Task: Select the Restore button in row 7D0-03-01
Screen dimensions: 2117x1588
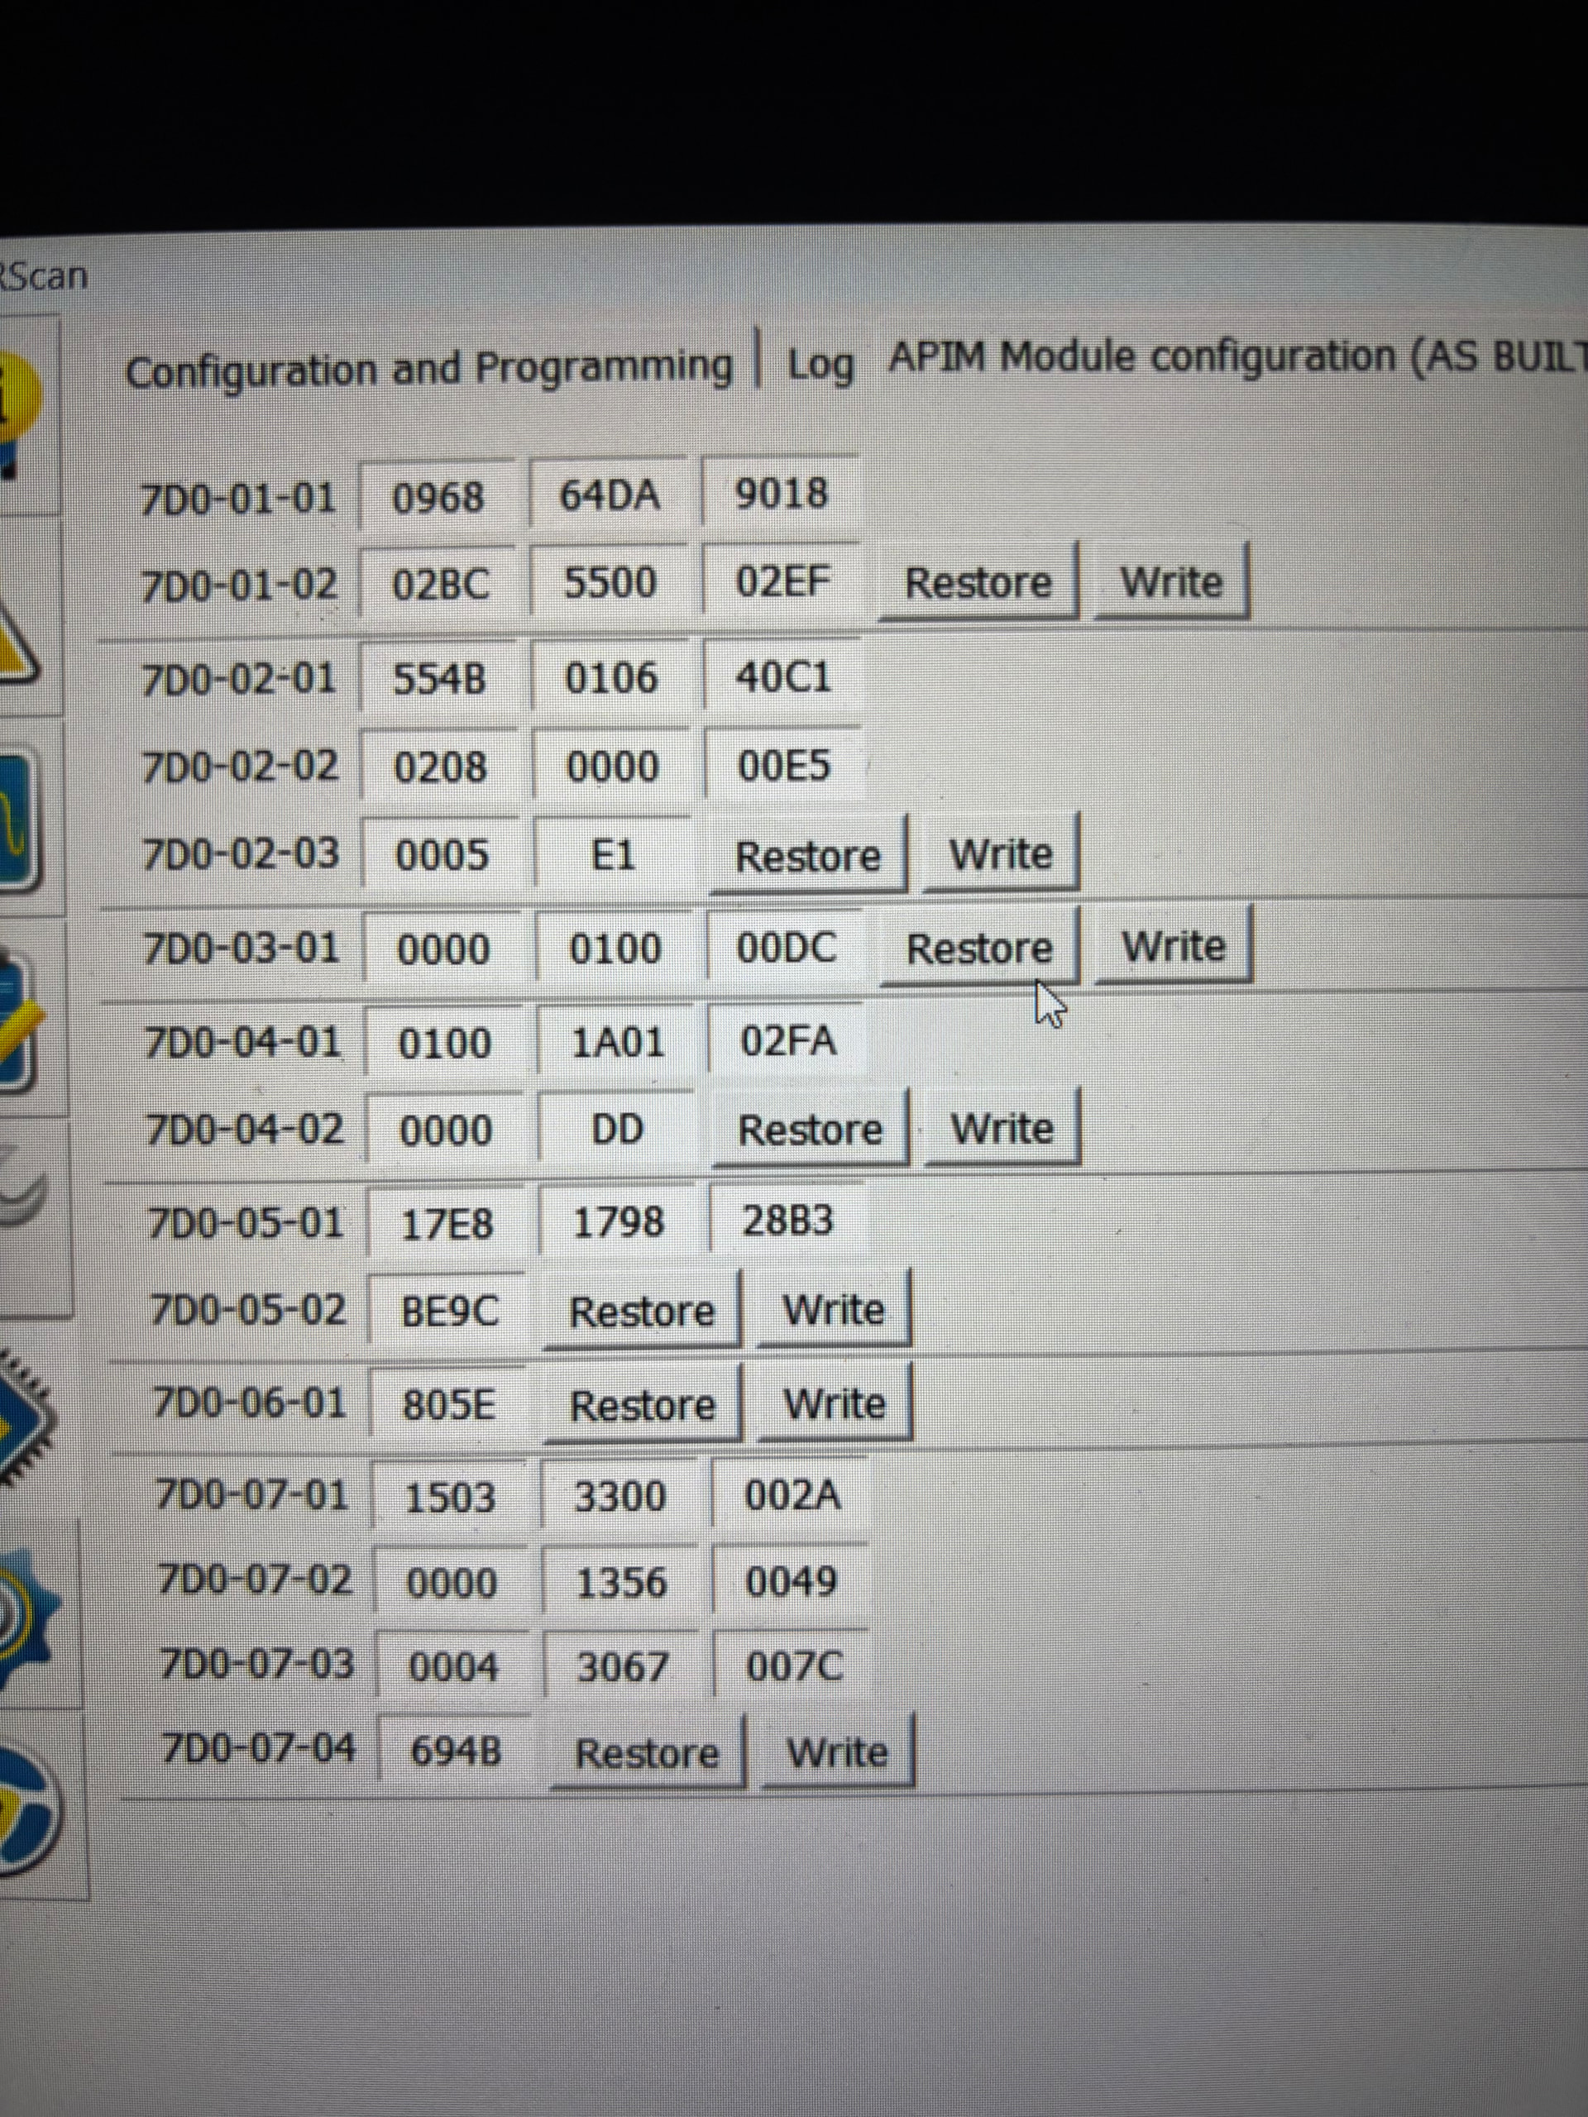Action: click(978, 949)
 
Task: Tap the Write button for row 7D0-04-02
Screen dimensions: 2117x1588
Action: click(1002, 1128)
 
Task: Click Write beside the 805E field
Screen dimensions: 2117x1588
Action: click(834, 1404)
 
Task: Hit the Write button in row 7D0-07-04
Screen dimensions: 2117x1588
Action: click(837, 1752)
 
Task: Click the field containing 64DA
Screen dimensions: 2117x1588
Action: click(610, 495)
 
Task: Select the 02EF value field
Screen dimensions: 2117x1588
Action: click(782, 581)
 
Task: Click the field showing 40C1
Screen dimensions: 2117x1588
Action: click(783, 677)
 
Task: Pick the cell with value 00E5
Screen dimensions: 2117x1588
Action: click(784, 766)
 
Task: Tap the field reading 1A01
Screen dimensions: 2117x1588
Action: click(616, 1041)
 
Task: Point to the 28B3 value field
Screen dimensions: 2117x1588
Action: click(787, 1221)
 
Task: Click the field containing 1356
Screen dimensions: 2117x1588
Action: click(620, 1582)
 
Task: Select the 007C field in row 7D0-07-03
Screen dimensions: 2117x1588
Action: click(793, 1667)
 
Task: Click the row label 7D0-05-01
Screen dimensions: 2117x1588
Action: click(245, 1223)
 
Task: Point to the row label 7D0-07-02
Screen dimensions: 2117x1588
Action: click(254, 1579)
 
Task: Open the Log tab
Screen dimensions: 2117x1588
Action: click(820, 365)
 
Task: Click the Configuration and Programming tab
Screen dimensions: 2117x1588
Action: click(428, 369)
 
